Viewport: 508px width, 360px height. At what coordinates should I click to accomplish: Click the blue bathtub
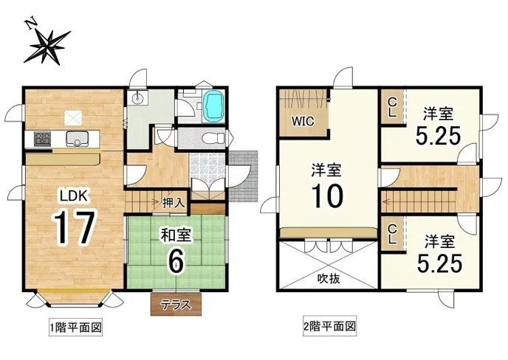pyautogui.click(x=213, y=105)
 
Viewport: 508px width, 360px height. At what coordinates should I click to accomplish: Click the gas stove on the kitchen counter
pyautogui.click(x=42, y=139)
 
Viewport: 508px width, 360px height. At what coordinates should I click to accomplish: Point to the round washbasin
pyautogui.click(x=138, y=97)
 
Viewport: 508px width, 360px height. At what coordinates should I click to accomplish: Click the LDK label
pyautogui.click(x=73, y=196)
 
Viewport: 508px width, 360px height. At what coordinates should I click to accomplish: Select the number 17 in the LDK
pyautogui.click(x=75, y=226)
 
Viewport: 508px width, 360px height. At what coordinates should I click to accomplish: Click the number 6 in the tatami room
pyautogui.click(x=175, y=260)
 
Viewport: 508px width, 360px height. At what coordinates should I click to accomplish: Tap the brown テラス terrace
pyautogui.click(x=176, y=305)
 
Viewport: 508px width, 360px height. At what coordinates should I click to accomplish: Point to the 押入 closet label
pyautogui.click(x=174, y=203)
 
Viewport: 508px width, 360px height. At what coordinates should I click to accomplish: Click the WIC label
pyautogui.click(x=303, y=121)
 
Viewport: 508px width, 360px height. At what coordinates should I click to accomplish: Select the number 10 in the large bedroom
pyautogui.click(x=327, y=196)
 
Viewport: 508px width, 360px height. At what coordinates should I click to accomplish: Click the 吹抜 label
pyautogui.click(x=328, y=278)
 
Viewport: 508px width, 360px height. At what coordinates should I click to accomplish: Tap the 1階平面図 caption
pyautogui.click(x=75, y=328)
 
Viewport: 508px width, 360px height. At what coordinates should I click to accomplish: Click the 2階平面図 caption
pyautogui.click(x=329, y=325)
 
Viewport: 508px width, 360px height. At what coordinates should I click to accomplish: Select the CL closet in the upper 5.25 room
pyautogui.click(x=393, y=107)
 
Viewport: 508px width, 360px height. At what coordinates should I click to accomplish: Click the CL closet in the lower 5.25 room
pyautogui.click(x=393, y=234)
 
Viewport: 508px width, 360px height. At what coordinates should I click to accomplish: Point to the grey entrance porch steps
pyautogui.click(x=243, y=176)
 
